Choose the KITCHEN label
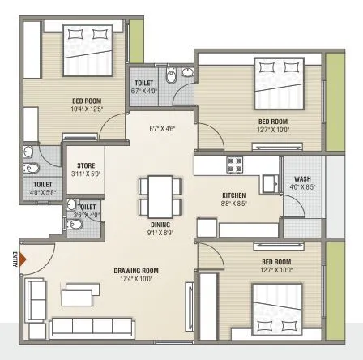pos(235,196)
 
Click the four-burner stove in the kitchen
pos(235,165)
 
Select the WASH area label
pos(302,179)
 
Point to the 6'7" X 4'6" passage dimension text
pos(162,128)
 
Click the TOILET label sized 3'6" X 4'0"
pos(88,208)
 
